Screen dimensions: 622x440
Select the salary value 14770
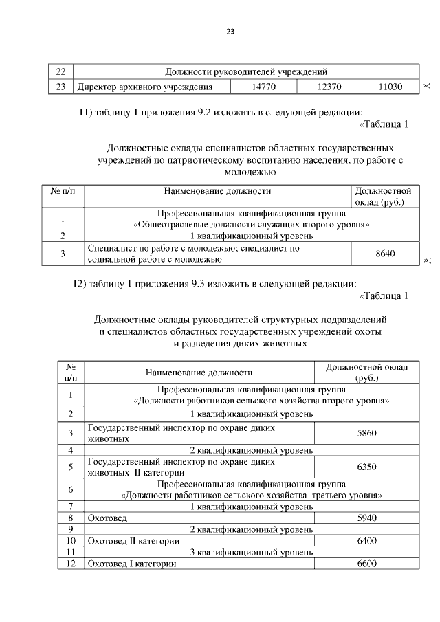[x=263, y=87]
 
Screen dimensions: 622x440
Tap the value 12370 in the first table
[x=329, y=87]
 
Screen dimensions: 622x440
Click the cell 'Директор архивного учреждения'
[x=144, y=87]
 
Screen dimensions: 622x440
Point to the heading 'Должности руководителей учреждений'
[x=245, y=71]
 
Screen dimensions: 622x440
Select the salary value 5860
[x=367, y=433]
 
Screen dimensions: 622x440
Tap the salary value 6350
[x=367, y=467]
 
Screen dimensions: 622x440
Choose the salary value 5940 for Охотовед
[x=367, y=518]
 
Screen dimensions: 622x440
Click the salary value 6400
[x=367, y=541]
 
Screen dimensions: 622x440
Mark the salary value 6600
[x=367, y=564]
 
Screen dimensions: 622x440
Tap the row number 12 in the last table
[x=70, y=564]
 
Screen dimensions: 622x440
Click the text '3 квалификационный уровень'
[x=252, y=552]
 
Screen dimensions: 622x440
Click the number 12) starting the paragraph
[x=83, y=283]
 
